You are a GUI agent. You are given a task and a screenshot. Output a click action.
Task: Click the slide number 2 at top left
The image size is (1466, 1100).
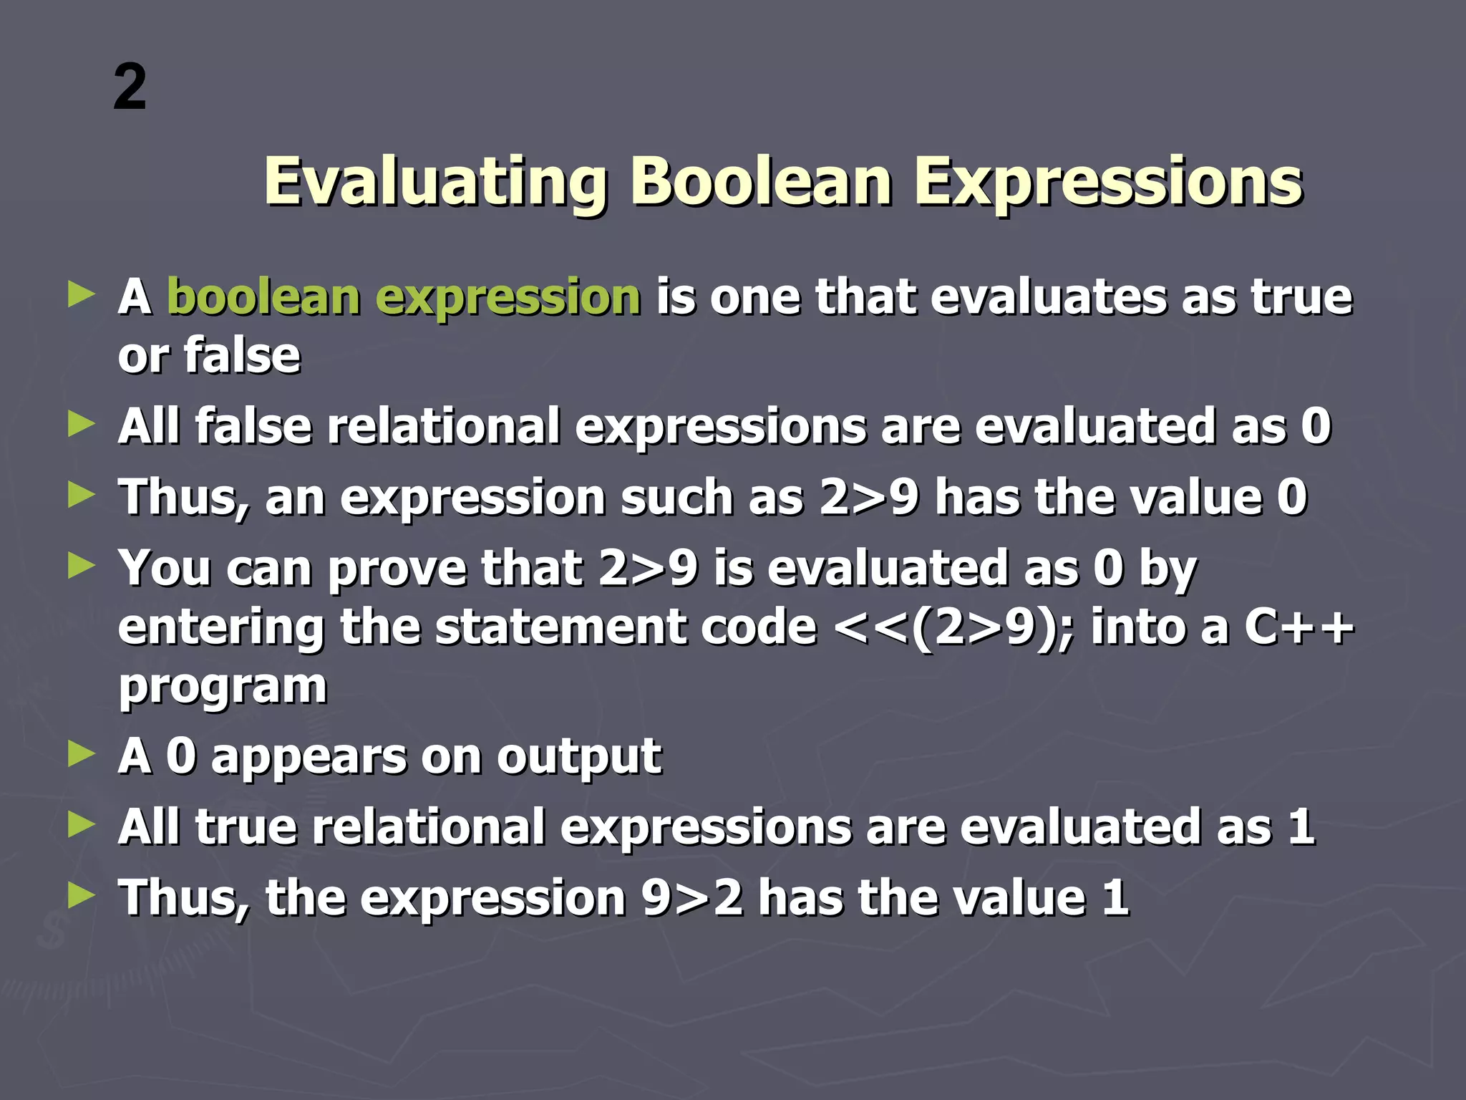130,87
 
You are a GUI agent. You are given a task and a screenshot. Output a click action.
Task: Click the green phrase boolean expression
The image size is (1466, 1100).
404,298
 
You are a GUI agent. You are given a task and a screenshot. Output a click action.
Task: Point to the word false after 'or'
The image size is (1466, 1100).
242,355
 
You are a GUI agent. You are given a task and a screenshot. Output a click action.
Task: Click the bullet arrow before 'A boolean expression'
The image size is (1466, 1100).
81,294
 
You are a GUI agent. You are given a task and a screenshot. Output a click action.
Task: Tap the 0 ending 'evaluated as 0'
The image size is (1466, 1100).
1316,427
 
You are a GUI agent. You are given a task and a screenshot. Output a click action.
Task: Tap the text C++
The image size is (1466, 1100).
1298,628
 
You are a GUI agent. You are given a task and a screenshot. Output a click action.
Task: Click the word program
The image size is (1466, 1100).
223,687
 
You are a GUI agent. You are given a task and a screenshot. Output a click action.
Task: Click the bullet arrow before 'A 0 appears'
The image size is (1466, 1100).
81,754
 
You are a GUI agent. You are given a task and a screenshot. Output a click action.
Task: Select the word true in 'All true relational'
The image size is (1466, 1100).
246,827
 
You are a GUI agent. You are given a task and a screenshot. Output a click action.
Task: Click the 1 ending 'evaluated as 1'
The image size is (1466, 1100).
1301,827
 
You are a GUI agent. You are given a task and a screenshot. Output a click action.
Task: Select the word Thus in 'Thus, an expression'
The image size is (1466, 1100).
181,498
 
